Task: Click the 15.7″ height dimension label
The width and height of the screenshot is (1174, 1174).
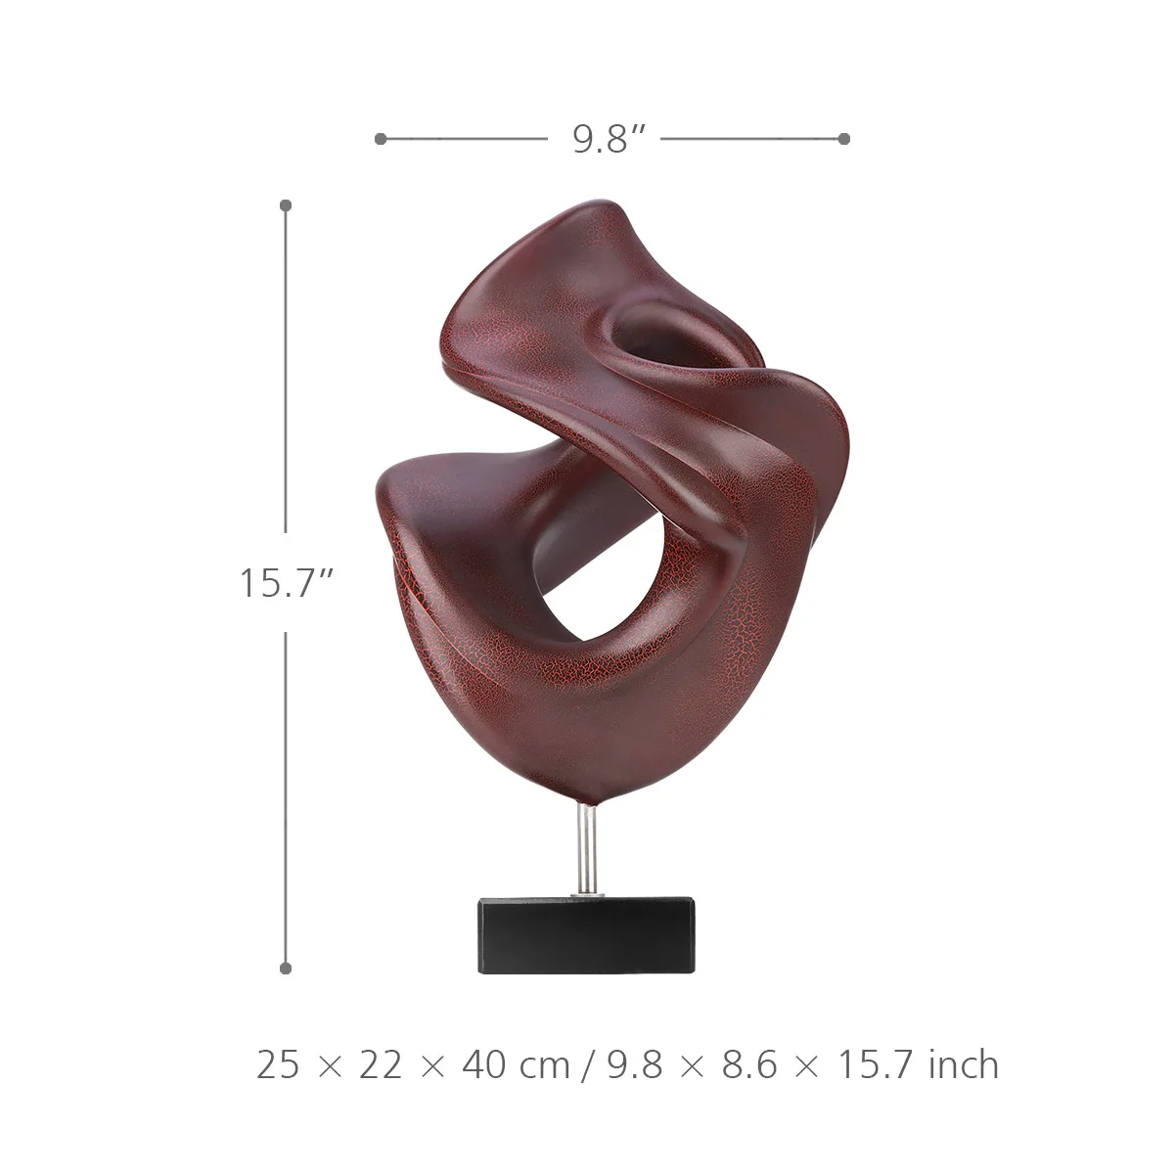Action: [x=287, y=584]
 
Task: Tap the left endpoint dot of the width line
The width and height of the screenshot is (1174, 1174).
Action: [x=381, y=139]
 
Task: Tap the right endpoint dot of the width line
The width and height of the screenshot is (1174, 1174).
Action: [x=844, y=139]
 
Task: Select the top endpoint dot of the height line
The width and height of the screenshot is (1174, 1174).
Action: [x=286, y=206]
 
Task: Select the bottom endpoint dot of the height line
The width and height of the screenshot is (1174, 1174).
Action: [x=286, y=968]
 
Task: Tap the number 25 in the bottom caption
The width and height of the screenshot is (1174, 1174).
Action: [x=278, y=1064]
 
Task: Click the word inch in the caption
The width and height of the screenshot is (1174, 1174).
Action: [x=964, y=1064]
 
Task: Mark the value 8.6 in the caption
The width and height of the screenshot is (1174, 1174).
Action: [x=751, y=1064]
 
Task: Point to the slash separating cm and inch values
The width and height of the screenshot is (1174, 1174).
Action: [x=587, y=1064]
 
